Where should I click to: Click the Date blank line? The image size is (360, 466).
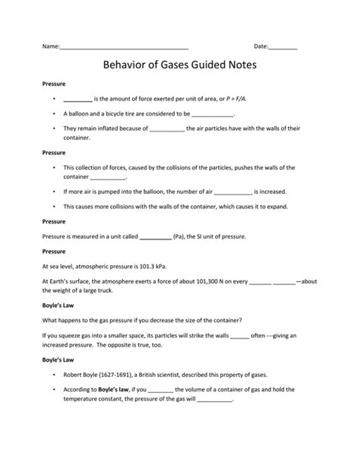pyautogui.click(x=283, y=48)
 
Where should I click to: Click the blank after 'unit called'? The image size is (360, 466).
pyautogui.click(x=156, y=237)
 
